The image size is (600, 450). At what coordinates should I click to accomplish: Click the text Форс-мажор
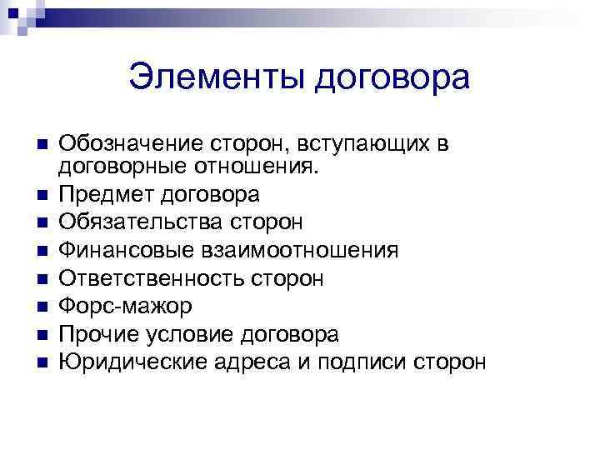coord(126,306)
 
